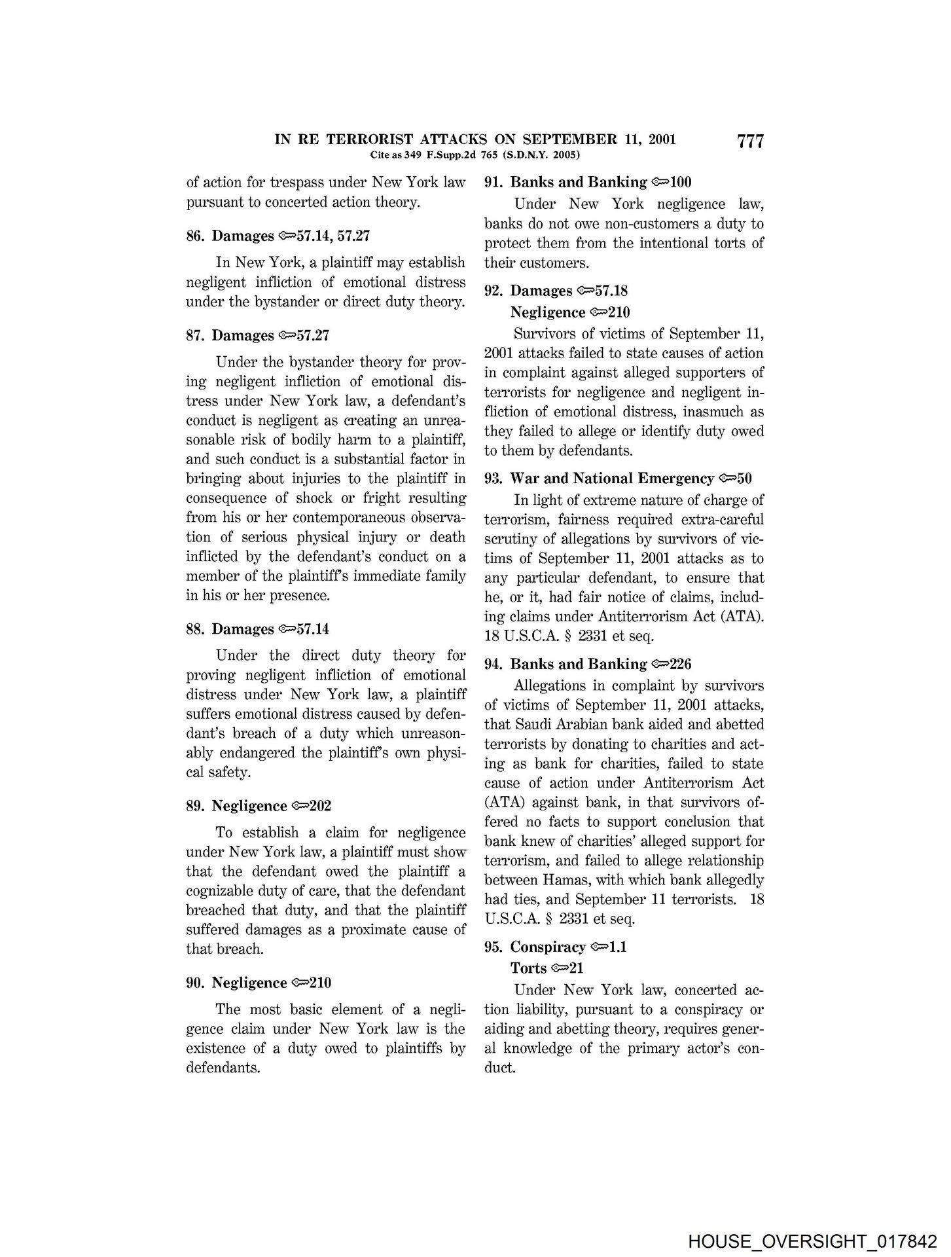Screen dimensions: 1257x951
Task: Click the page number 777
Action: coord(750,141)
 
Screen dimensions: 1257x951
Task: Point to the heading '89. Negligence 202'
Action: coord(259,806)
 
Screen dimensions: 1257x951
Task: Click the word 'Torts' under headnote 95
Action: coord(528,968)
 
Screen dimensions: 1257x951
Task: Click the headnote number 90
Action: coord(195,983)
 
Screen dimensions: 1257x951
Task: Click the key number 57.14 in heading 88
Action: coord(313,629)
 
